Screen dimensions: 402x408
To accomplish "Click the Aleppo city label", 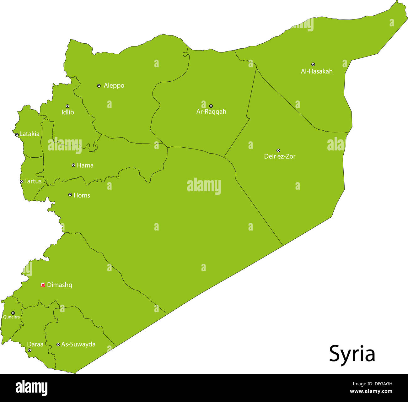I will coord(114,85).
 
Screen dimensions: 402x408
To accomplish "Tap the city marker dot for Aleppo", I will coord(99,85).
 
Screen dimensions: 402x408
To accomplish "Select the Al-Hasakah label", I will coord(317,71).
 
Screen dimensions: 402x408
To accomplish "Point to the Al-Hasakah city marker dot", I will coord(313,64).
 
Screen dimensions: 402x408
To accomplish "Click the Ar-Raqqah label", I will coord(211,111).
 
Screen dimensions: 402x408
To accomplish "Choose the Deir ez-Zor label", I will coord(280,156).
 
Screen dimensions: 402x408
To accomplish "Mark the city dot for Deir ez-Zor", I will coord(278,150).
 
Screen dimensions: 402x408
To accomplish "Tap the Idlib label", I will coord(68,112).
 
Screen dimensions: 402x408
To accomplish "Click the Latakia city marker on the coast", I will coord(17,135).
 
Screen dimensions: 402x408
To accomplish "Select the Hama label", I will coord(85,165).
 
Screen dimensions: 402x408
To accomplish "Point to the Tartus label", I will coord(33,181).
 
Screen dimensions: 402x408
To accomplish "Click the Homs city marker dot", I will coord(70,195).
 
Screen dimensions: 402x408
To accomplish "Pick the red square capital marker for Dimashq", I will coord(43,285).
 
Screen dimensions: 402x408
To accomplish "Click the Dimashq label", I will coord(60,285).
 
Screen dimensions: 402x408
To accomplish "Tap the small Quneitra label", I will coord(12,317).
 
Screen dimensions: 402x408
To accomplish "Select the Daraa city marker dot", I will coord(30,350).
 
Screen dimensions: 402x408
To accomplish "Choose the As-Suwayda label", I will coord(78,344).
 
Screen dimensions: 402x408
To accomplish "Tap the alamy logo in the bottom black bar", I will coord(31,388).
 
